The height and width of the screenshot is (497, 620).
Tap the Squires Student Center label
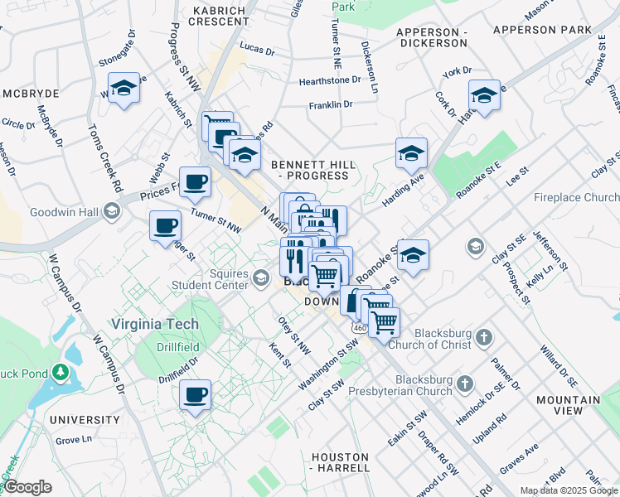click(210, 279)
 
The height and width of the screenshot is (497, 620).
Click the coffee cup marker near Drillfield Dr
click(196, 394)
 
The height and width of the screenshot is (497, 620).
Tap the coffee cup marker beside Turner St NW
click(166, 225)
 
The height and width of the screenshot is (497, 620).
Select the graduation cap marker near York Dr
click(484, 94)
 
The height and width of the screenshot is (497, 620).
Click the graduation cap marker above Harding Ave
click(411, 152)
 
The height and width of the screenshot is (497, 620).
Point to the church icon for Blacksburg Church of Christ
click(484, 337)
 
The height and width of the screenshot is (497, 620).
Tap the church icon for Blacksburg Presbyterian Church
click(465, 384)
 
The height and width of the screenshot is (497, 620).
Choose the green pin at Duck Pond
click(59, 373)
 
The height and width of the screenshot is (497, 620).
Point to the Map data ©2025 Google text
click(569, 490)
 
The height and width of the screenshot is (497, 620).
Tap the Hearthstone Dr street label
click(330, 80)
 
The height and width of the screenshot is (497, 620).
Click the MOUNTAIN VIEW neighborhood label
click(567, 405)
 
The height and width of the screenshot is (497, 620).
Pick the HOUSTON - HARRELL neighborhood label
click(340, 462)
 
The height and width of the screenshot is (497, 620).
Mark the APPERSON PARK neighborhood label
click(542, 30)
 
